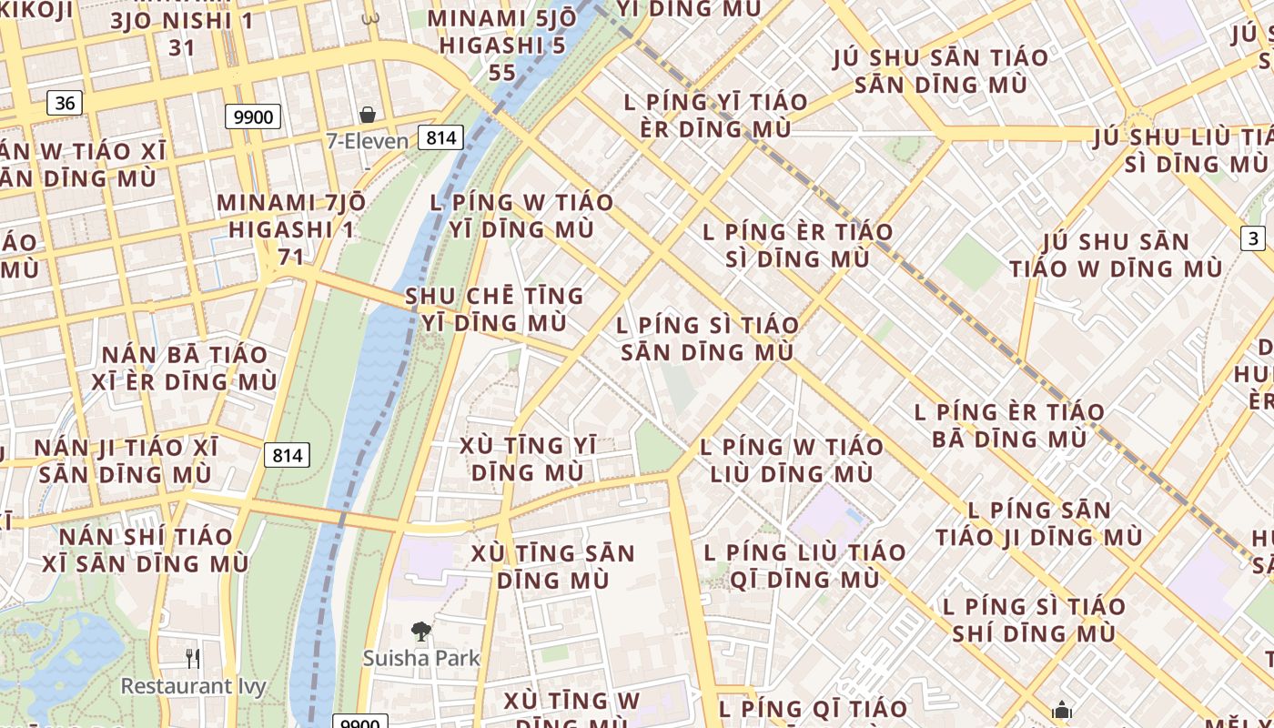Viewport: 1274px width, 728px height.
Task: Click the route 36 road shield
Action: pyautogui.click(x=65, y=103)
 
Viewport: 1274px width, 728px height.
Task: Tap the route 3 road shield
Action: pyautogui.click(x=1253, y=238)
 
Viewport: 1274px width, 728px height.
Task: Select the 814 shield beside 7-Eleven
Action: pyautogui.click(x=441, y=137)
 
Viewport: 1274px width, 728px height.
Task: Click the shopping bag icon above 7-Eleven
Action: pyautogui.click(x=368, y=115)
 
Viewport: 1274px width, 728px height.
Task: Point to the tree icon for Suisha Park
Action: pyautogui.click(x=420, y=631)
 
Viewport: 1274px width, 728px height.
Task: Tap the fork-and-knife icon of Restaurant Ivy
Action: pyautogui.click(x=193, y=658)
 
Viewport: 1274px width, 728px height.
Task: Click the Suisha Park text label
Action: pyautogui.click(x=421, y=658)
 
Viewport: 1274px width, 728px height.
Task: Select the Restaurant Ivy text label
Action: pyautogui.click(x=194, y=685)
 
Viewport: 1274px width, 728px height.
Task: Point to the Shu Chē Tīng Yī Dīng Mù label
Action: pyautogui.click(x=494, y=309)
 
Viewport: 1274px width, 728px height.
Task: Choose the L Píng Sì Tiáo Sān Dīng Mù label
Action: pyautogui.click(x=707, y=339)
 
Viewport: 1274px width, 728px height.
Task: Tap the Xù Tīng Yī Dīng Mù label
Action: pyautogui.click(x=528, y=459)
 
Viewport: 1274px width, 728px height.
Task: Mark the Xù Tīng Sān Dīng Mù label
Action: pyautogui.click(x=552, y=566)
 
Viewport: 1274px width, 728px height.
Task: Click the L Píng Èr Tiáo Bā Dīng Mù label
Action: pyautogui.click(x=1009, y=425)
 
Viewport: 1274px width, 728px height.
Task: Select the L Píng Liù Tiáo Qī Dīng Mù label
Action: pyautogui.click(x=804, y=565)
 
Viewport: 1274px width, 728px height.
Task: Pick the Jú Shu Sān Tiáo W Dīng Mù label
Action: pyautogui.click(x=1116, y=255)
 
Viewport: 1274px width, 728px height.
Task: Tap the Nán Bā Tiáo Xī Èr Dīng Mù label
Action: pyautogui.click(x=184, y=368)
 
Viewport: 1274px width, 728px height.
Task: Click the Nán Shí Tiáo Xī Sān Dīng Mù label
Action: pyautogui.click(x=146, y=550)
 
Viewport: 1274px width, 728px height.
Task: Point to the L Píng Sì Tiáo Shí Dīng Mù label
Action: pyautogui.click(x=1033, y=619)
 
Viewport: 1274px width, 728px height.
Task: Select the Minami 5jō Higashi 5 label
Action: pyautogui.click(x=502, y=45)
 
